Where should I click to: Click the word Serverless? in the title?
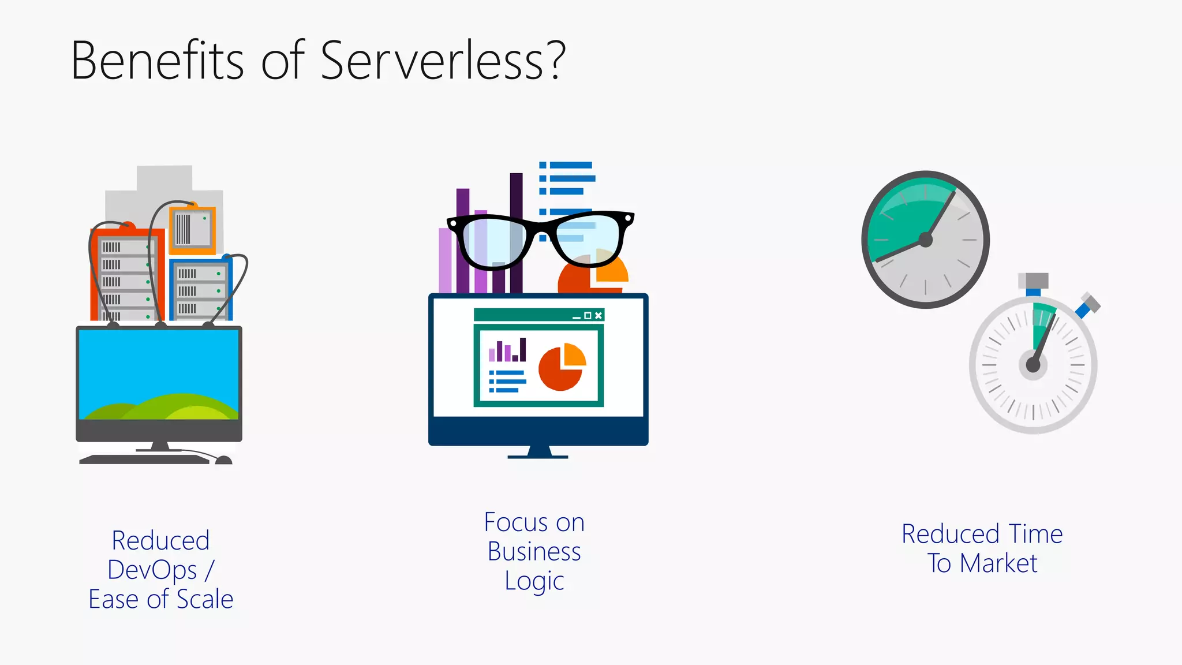443,61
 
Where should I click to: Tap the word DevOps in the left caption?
152,570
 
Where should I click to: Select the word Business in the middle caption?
534,551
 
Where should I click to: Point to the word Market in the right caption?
998,563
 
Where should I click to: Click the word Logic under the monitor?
534,581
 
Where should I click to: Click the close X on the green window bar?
599,315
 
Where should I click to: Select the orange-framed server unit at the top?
192,230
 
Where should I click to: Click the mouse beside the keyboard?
223,460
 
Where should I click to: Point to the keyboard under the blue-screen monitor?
144,459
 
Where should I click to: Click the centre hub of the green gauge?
925,240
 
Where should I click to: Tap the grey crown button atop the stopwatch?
1033,281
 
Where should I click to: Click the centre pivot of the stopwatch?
1033,365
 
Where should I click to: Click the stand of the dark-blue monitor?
538,452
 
